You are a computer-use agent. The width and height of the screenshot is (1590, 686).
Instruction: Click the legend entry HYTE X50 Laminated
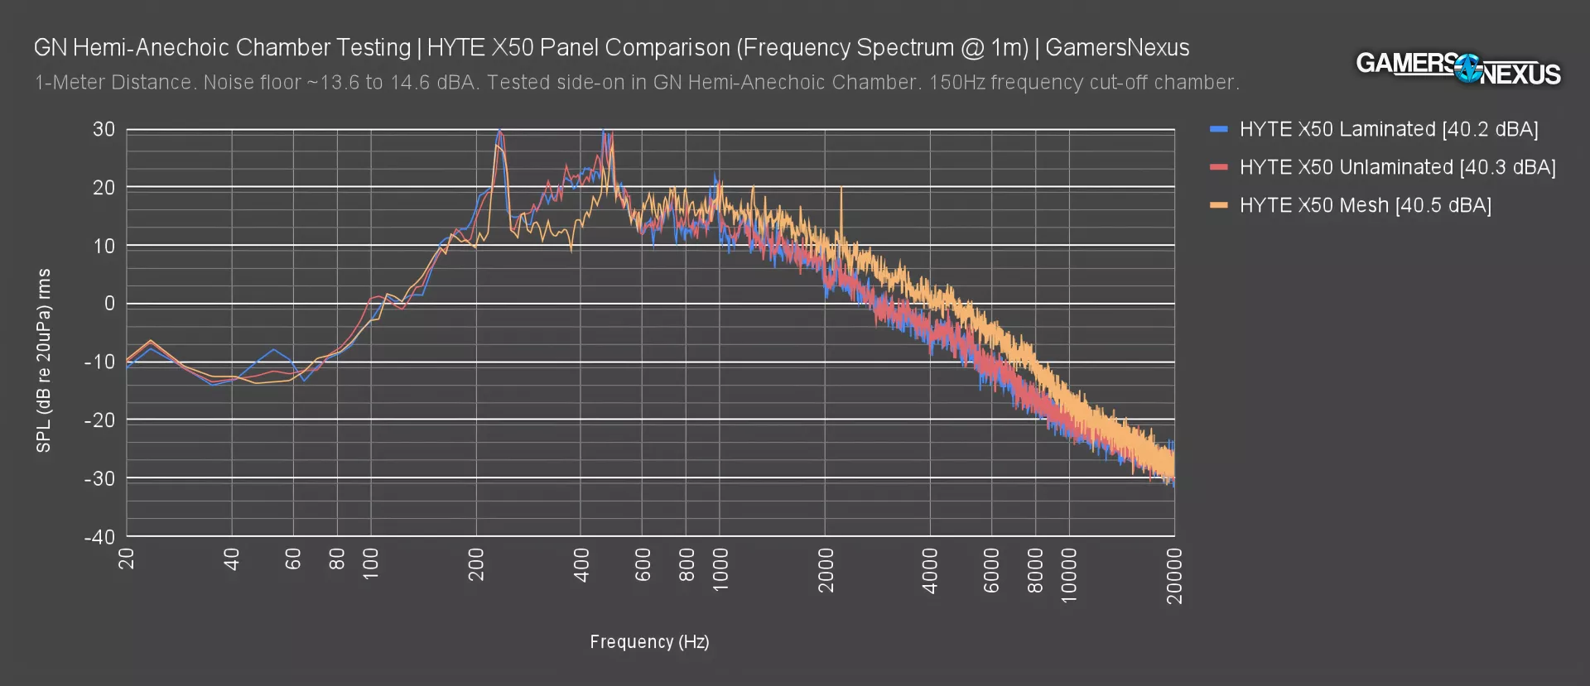tap(1388, 129)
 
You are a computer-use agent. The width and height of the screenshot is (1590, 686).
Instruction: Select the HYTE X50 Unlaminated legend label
tap(1397, 167)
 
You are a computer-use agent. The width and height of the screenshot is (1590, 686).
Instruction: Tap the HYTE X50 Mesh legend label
tap(1365, 205)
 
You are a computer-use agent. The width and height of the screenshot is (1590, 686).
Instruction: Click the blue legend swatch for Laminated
tap(1218, 129)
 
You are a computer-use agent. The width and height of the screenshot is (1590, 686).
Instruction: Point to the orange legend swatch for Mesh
tap(1218, 205)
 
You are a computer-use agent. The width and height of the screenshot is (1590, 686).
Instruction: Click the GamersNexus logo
tap(1457, 68)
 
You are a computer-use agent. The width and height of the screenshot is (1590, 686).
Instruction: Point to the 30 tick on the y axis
tap(104, 129)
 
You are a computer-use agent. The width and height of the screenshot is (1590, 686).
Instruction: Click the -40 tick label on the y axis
tap(99, 536)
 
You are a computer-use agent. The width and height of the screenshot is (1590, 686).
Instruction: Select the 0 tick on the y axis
tap(109, 304)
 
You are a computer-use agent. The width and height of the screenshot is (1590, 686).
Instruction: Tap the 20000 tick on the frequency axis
tap(1174, 576)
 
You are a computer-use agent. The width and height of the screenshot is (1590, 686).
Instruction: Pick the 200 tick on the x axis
tap(476, 564)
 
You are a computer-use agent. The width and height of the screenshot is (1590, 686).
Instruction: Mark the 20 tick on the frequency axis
tap(127, 560)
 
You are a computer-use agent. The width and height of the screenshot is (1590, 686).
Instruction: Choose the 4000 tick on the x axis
tap(930, 570)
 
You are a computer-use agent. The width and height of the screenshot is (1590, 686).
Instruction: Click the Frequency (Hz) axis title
tap(649, 641)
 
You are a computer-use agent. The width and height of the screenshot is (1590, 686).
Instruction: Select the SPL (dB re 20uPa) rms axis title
tap(44, 360)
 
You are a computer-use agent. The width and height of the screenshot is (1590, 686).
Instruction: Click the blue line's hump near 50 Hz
tap(272, 350)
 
